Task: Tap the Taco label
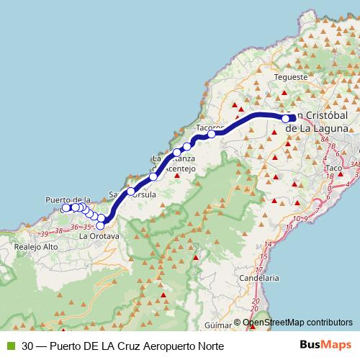click(x=333, y=168)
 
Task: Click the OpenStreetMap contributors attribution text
click(x=298, y=323)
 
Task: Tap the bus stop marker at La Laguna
click(x=286, y=119)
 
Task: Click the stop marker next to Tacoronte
click(x=212, y=134)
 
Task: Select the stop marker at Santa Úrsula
click(x=130, y=192)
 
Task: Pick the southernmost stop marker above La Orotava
click(x=100, y=226)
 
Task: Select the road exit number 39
click(x=45, y=233)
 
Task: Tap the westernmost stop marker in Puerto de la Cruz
click(x=66, y=208)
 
